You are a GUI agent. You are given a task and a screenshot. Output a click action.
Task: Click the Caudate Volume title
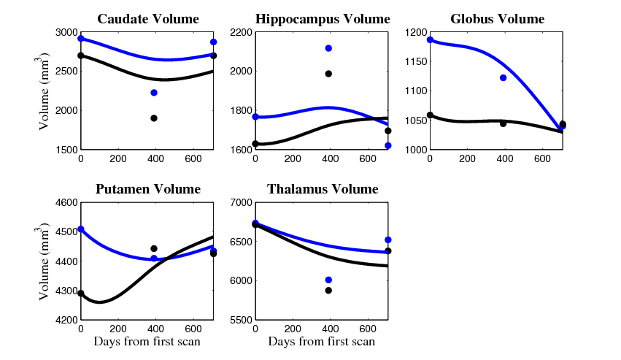coord(147,19)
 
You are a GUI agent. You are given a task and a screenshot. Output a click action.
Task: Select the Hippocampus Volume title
coord(322,19)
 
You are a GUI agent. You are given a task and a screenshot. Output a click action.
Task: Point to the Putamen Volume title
coord(147,190)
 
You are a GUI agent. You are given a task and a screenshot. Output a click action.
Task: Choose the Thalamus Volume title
coord(322,190)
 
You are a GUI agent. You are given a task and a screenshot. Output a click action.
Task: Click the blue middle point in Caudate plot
coord(154,93)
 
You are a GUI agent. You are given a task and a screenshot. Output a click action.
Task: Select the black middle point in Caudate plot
coord(154,118)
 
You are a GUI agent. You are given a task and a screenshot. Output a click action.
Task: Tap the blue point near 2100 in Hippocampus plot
coord(328,48)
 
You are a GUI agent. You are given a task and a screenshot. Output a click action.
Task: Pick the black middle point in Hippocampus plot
coord(328,74)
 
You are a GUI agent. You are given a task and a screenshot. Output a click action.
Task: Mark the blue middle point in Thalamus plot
coord(328,280)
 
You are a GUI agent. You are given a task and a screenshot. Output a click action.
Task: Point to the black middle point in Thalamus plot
coord(328,291)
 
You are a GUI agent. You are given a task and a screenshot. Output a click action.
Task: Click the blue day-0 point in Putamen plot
coord(81,229)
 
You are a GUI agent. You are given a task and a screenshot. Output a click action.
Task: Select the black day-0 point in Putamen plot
coord(81,294)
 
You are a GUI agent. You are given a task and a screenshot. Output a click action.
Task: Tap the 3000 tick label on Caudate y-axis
coord(65,33)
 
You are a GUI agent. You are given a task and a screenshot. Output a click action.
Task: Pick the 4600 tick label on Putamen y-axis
coord(65,203)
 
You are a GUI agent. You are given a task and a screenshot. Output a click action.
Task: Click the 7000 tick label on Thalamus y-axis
coord(239,203)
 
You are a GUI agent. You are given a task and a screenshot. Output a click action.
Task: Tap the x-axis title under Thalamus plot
coord(322,342)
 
